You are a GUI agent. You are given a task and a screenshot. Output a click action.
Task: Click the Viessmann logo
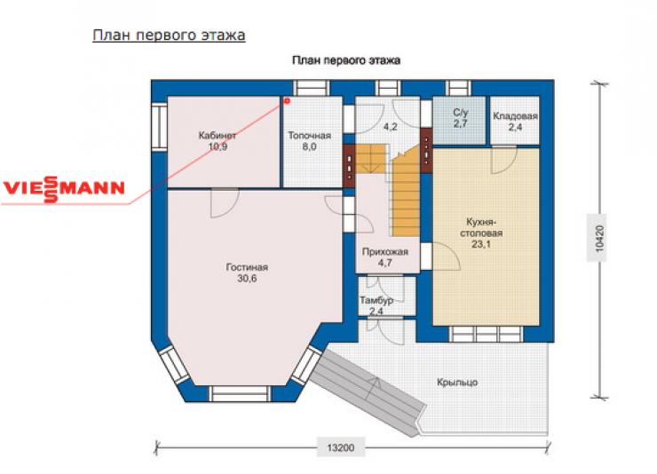pyautogui.click(x=64, y=189)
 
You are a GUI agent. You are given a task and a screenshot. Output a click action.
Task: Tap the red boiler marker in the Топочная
pyautogui.click(x=287, y=101)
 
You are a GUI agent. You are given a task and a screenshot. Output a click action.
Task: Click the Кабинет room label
pyautogui.click(x=218, y=135)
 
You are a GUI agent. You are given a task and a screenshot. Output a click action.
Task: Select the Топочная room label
pyautogui.click(x=310, y=135)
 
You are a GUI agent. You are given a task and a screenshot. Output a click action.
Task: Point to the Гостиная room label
pyautogui.click(x=247, y=267)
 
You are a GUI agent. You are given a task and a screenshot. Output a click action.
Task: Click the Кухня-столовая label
pyautogui.click(x=481, y=227)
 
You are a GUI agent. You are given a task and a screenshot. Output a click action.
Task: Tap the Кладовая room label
pyautogui.click(x=515, y=116)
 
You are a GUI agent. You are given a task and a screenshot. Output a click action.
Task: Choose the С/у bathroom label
pyautogui.click(x=460, y=112)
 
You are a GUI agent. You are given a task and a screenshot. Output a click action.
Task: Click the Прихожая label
pyautogui.click(x=384, y=252)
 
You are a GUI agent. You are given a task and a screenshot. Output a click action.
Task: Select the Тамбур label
pyautogui.click(x=376, y=300)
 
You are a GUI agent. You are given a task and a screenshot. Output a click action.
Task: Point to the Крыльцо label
pyautogui.click(x=457, y=383)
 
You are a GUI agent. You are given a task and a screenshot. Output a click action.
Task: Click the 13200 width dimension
pyautogui.click(x=341, y=447)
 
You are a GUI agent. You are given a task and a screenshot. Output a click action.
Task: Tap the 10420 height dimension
pyautogui.click(x=599, y=238)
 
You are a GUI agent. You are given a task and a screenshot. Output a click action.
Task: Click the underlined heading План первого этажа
pyautogui.click(x=169, y=36)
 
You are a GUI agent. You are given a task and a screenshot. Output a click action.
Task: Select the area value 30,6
pyautogui.click(x=247, y=279)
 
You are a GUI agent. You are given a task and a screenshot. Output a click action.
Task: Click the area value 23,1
pyautogui.click(x=481, y=244)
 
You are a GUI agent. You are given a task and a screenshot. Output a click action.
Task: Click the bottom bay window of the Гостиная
pyautogui.click(x=240, y=394)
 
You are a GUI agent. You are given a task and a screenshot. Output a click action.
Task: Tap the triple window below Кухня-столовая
pyautogui.click(x=486, y=334)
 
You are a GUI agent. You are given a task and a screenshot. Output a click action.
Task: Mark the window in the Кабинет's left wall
pyautogui.click(x=159, y=126)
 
